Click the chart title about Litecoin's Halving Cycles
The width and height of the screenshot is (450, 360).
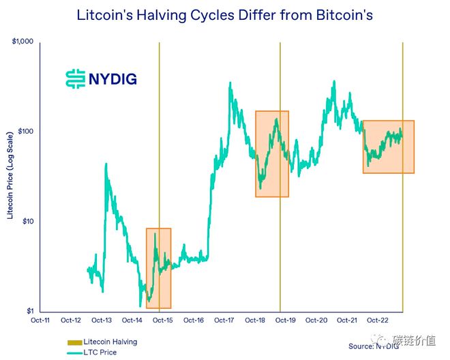coord(224,14)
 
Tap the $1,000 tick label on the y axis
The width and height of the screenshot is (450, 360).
coord(22,42)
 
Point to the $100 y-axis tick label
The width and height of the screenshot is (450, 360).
coord(25,132)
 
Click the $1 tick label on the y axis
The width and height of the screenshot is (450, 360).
coord(29,311)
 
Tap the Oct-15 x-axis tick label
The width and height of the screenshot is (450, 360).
coord(163,320)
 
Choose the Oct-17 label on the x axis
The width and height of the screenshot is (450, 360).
coord(224,320)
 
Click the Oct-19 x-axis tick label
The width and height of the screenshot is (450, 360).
coord(286,320)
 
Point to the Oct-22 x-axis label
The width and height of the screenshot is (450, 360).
coord(378,320)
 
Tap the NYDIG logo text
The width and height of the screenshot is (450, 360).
coord(112,79)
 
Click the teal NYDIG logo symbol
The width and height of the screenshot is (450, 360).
coord(74,79)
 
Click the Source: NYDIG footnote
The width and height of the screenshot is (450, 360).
coord(374,346)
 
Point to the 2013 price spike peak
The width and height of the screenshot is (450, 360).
coord(106,164)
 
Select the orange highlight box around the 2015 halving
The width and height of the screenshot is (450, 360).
coord(159,268)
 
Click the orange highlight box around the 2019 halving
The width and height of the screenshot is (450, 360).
coord(272,153)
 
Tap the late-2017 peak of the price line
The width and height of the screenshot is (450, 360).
coord(230,84)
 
